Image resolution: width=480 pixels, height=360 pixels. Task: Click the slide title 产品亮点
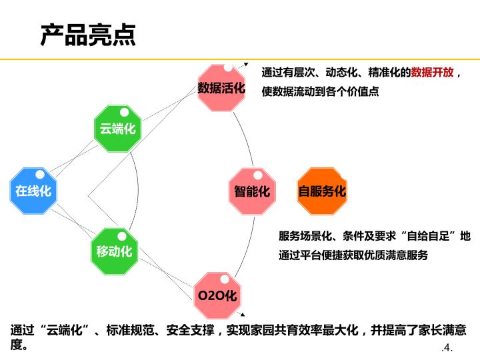[88, 35]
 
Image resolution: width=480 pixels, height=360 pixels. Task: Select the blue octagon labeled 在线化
[33, 191]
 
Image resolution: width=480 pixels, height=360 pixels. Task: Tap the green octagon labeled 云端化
[117, 128]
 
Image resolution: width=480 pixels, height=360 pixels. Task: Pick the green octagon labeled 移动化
[114, 251]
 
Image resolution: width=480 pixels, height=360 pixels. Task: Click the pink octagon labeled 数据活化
[221, 87]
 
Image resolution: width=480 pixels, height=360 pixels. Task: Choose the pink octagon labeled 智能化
[252, 191]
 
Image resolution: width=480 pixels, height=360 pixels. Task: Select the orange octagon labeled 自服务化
[322, 191]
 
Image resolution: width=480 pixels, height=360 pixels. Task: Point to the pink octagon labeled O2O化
[217, 293]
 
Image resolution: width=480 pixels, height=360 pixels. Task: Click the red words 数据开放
[432, 72]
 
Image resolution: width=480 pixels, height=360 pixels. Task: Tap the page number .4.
[447, 348]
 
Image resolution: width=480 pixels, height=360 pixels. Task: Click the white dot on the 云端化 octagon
[124, 112]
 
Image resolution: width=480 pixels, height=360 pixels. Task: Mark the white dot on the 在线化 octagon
[40, 175]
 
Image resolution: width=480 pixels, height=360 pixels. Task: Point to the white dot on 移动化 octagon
[122, 235]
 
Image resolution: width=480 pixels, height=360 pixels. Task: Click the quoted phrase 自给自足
[429, 236]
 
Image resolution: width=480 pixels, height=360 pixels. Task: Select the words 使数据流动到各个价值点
[320, 91]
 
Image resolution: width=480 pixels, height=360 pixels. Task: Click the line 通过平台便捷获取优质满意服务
[353, 255]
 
